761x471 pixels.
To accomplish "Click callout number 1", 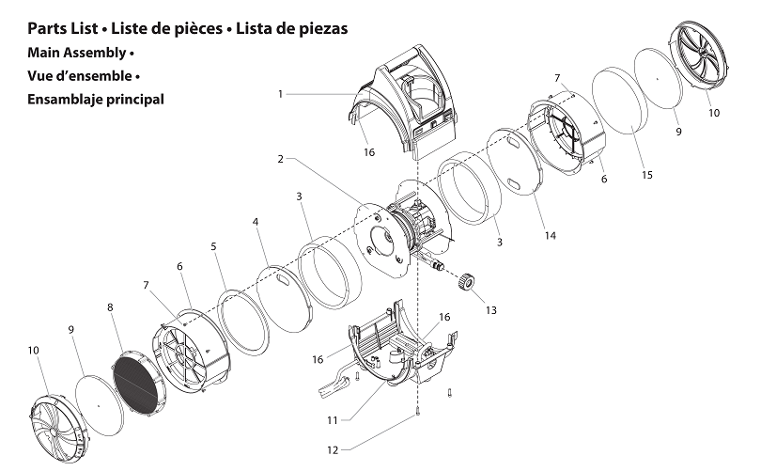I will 280,93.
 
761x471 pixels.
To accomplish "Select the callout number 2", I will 280,159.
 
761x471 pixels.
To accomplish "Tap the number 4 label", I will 255,222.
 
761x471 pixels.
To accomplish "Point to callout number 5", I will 213,246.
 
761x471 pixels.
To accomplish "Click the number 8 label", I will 110,306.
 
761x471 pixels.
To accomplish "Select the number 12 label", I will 331,449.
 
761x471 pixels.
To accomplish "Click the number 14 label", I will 550,235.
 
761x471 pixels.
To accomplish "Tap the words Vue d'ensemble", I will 79,75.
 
